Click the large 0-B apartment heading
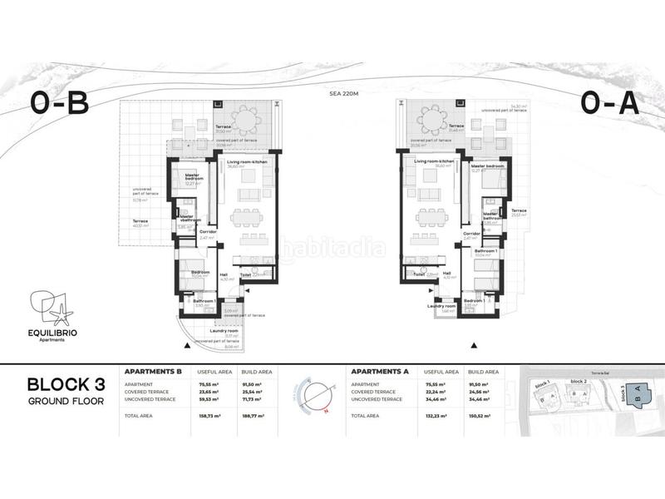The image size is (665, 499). (x=59, y=103)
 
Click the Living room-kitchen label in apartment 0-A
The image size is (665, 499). (x=434, y=161)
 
